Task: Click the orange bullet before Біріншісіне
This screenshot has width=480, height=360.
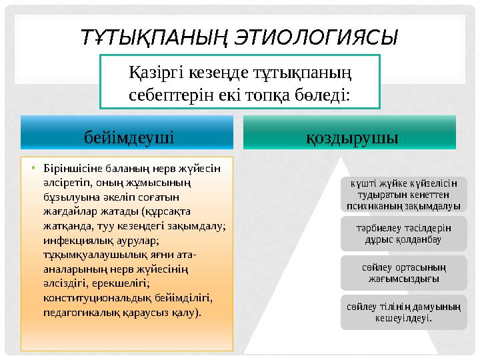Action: click(33, 167)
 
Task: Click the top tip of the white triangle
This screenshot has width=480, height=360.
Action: click(344, 159)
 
